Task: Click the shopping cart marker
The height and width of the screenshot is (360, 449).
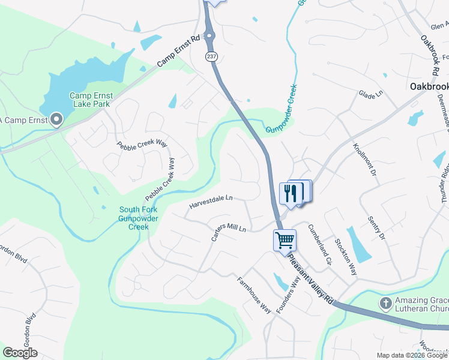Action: pyautogui.click(x=285, y=240)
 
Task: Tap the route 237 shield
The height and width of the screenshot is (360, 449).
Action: pyautogui.click(x=211, y=56)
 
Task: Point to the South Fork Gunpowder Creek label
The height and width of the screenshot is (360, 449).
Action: pyautogui.click(x=139, y=218)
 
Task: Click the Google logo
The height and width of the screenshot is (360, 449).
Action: pyautogui.click(x=20, y=353)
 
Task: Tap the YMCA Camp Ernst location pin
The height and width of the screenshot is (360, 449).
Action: pyautogui.click(x=57, y=119)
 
